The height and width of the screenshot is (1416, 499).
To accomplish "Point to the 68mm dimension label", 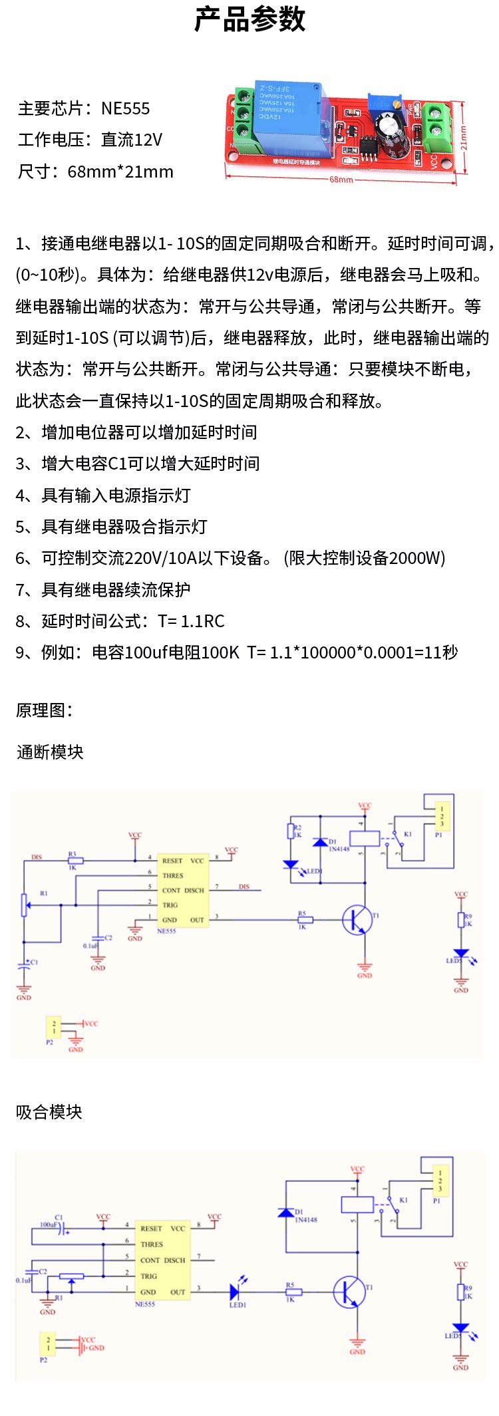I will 341,180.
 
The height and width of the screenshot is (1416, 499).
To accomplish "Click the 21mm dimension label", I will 464,138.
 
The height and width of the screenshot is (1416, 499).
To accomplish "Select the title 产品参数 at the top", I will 249,19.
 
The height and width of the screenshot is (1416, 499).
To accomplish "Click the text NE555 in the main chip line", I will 126,108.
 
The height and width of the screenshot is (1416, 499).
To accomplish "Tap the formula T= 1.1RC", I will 192,621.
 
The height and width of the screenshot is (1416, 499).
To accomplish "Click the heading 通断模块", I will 50,752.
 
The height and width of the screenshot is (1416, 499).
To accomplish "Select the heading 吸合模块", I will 49,1112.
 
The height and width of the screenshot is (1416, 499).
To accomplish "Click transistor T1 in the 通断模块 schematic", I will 358,920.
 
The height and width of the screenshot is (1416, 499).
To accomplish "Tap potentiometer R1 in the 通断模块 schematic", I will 25,905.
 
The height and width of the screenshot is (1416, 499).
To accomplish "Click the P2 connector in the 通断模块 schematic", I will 53,1028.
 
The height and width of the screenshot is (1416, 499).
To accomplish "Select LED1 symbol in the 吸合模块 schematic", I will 235,1292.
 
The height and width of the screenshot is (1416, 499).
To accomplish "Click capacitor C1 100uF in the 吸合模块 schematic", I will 62,1230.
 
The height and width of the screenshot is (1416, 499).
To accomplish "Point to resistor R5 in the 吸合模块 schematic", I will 293,1292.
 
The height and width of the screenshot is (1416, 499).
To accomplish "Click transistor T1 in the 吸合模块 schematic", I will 349,1292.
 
